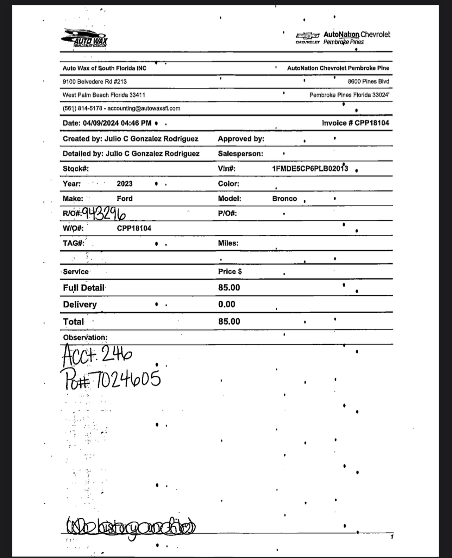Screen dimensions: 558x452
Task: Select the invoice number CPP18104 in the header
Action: (372, 123)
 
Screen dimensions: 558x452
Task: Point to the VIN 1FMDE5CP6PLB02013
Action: (310, 169)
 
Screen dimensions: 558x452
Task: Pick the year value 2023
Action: (125, 184)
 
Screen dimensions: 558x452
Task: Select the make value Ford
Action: (125, 199)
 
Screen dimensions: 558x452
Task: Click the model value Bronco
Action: (284, 199)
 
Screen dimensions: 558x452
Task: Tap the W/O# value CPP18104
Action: (134, 228)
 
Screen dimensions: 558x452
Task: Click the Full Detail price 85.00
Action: (229, 288)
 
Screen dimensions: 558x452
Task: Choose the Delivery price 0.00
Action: (226, 304)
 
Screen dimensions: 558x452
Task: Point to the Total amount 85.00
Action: (229, 321)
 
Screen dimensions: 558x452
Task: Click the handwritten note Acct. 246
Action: (97, 355)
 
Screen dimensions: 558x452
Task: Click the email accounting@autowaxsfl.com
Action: (144, 108)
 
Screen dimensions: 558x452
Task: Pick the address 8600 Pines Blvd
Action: (368, 81)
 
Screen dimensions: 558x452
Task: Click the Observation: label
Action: (85, 337)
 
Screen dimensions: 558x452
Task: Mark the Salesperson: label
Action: (240, 154)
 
